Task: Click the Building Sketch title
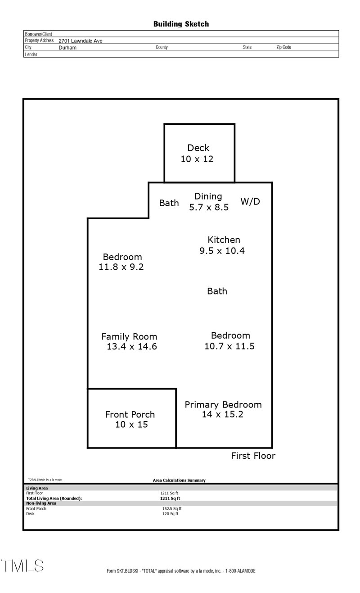click(x=181, y=24)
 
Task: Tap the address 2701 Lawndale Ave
click(x=81, y=41)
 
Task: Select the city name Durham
click(x=67, y=47)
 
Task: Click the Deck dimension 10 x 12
click(x=197, y=159)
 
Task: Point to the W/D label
click(x=250, y=201)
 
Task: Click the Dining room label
click(x=208, y=196)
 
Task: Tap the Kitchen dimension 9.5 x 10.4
click(x=222, y=251)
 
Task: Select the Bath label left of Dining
click(x=169, y=203)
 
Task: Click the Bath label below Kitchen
click(x=217, y=291)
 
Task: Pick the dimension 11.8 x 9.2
click(x=121, y=267)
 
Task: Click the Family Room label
click(x=129, y=336)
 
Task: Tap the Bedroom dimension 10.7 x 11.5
click(x=229, y=346)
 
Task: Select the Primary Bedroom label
click(x=223, y=404)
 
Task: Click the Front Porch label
click(x=130, y=414)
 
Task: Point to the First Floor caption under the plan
click(x=253, y=456)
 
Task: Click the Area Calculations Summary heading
click(x=179, y=480)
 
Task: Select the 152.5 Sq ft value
click(x=171, y=509)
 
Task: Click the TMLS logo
click(x=22, y=566)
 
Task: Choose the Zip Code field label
click(x=283, y=47)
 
